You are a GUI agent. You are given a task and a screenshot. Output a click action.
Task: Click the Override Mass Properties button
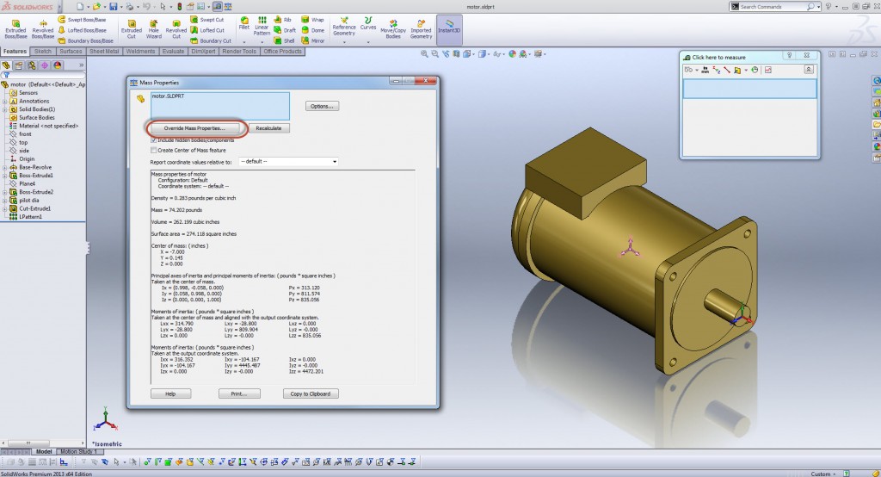194,128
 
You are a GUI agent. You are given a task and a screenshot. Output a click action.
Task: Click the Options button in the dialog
323,106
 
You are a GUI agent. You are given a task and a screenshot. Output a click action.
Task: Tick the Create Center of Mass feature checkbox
154,149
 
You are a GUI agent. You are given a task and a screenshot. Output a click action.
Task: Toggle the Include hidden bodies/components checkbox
154,139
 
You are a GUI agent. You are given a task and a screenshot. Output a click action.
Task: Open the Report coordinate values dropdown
288,161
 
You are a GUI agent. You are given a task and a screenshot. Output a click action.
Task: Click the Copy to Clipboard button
311,393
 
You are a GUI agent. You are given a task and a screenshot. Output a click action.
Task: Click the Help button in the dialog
170,393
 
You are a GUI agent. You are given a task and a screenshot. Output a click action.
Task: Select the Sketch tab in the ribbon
43,52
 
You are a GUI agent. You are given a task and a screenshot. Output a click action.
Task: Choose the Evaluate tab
173,52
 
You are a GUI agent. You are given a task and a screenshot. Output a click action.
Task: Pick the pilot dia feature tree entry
30,200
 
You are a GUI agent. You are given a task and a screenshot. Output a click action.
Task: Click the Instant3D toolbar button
448,31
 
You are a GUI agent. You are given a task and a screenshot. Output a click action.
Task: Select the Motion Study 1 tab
77,451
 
